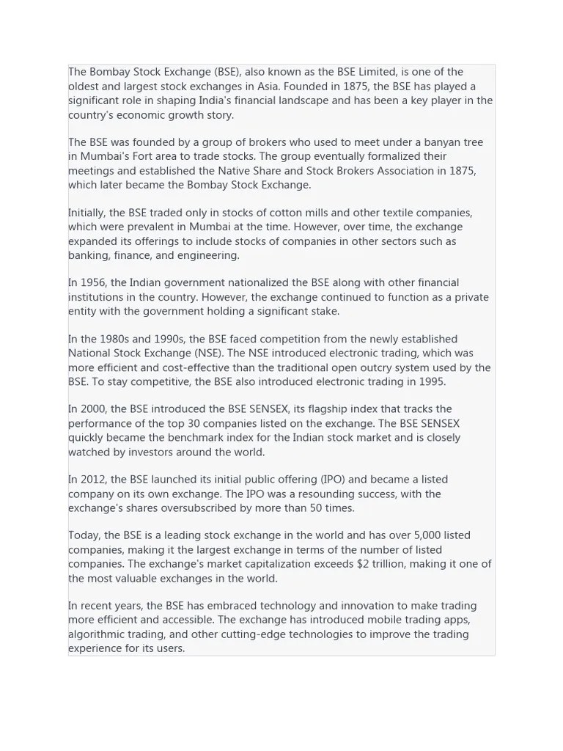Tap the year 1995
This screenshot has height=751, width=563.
431,381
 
